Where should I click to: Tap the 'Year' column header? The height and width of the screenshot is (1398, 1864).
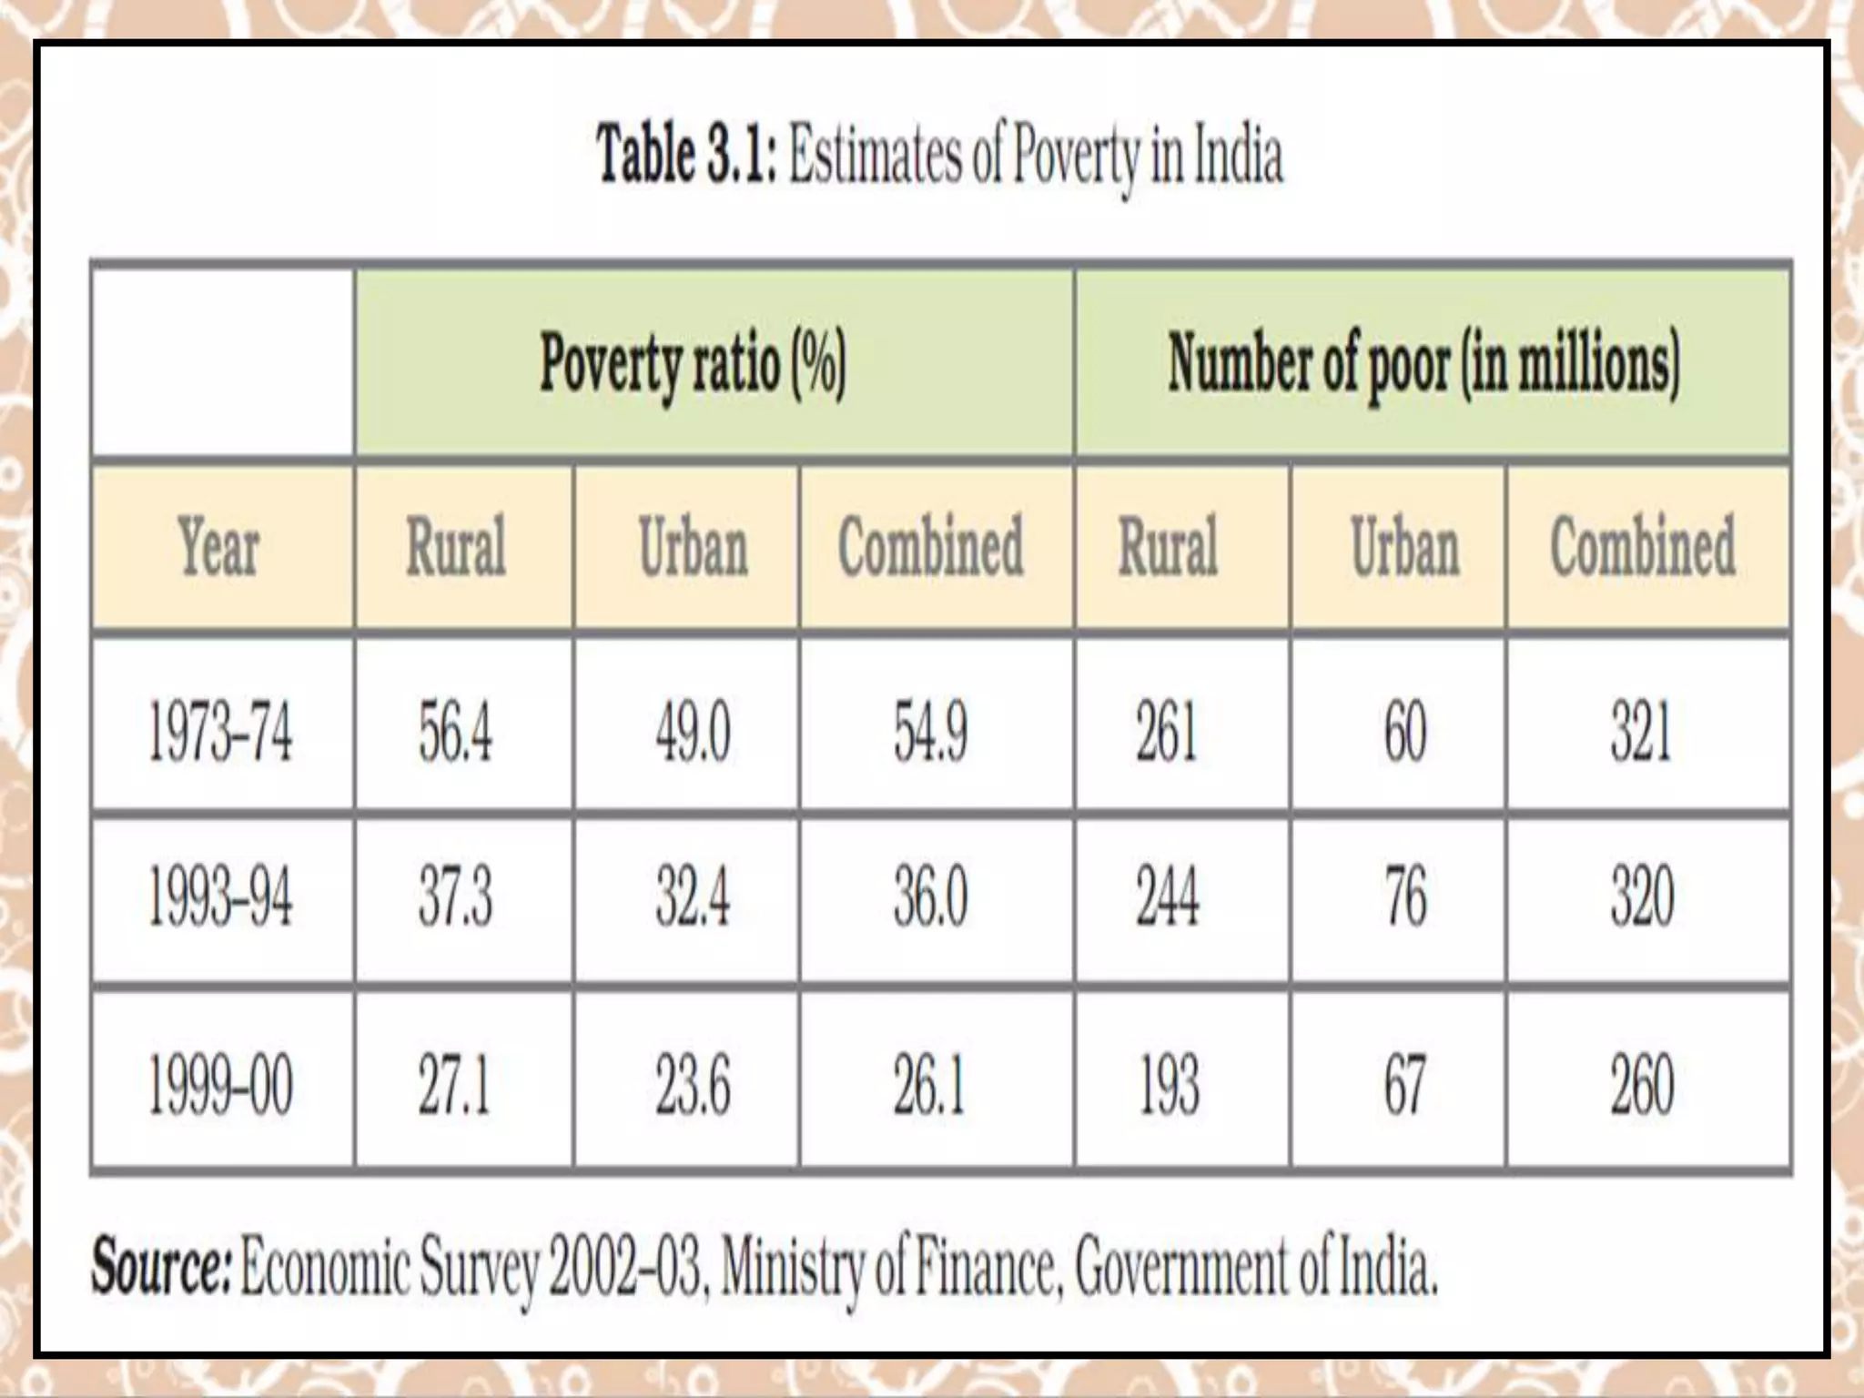point(219,547)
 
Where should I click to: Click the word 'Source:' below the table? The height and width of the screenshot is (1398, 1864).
point(161,1266)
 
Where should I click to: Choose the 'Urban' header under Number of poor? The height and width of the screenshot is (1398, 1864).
point(1405,547)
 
